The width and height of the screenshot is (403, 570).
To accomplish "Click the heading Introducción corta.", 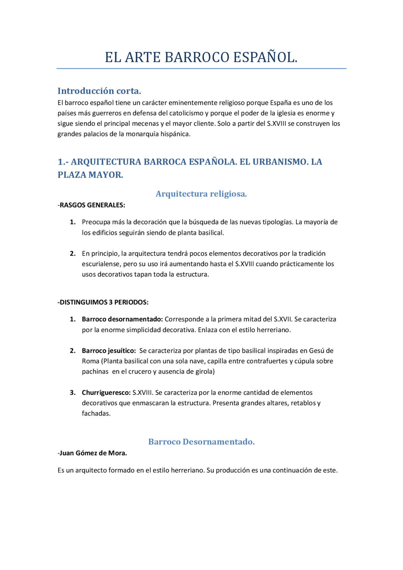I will pos(99,91).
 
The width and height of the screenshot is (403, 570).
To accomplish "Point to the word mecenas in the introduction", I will pos(146,124).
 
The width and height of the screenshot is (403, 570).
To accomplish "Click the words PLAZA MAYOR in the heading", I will pos(90,175).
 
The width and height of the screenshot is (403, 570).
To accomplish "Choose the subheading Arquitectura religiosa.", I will pos(201,194).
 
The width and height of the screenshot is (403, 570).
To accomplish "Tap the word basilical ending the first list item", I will pos(211,233).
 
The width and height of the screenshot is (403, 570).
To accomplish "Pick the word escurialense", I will pos(101,264).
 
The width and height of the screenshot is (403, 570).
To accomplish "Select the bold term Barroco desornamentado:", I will pos(122,319).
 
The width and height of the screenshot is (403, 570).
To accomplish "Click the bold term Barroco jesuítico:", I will pos(109,351).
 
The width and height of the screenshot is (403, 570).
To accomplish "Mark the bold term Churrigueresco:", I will pos(106,393).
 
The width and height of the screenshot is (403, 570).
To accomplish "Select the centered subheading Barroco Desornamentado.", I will pos(201,442).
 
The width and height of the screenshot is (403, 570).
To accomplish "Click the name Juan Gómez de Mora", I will pos(93,453).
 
